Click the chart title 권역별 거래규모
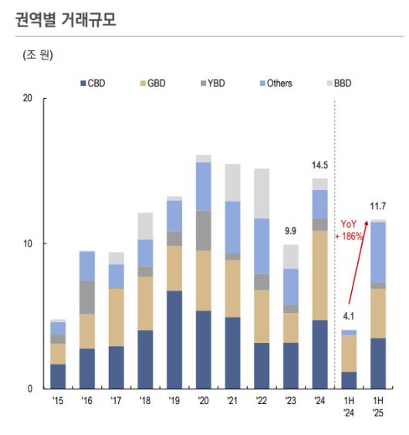[x=66, y=19]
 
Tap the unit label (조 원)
[x=38, y=56]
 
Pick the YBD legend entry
[x=210, y=83]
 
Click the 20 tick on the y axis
[x=29, y=99]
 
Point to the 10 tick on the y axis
[x=29, y=243]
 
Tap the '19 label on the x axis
[x=174, y=402]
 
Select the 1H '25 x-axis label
[x=378, y=406]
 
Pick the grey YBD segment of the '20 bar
[x=204, y=230]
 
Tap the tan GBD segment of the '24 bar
[x=319, y=275]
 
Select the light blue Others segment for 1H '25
[x=378, y=252]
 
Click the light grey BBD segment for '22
[x=262, y=193]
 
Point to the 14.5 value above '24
[x=319, y=165]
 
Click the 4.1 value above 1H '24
[x=349, y=316]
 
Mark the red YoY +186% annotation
[x=351, y=229]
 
